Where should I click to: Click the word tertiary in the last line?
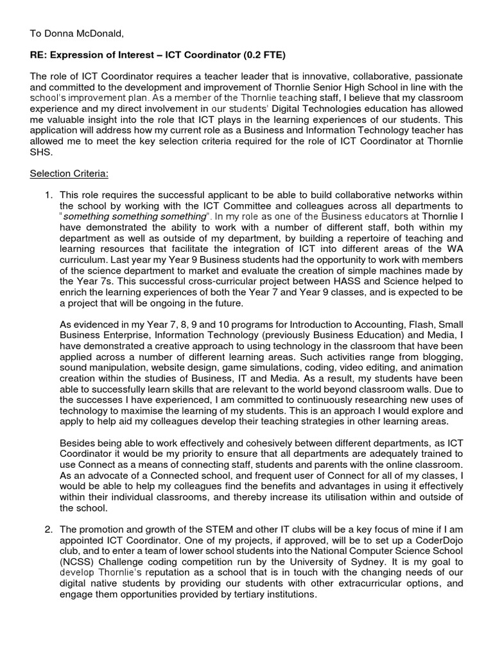pos(218,594)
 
